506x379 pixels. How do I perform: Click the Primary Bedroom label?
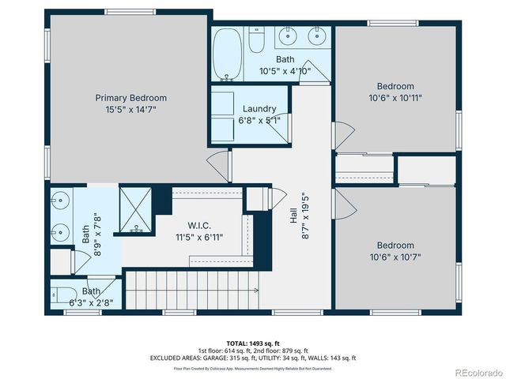(131, 98)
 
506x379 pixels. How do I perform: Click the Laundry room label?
(259, 109)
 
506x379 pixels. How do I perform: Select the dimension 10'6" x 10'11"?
(395, 98)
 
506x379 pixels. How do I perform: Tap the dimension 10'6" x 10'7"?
(395, 257)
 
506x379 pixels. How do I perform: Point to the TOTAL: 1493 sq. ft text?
(253, 343)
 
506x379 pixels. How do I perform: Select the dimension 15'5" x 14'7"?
(131, 109)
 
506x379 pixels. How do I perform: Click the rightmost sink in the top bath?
(315, 36)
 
